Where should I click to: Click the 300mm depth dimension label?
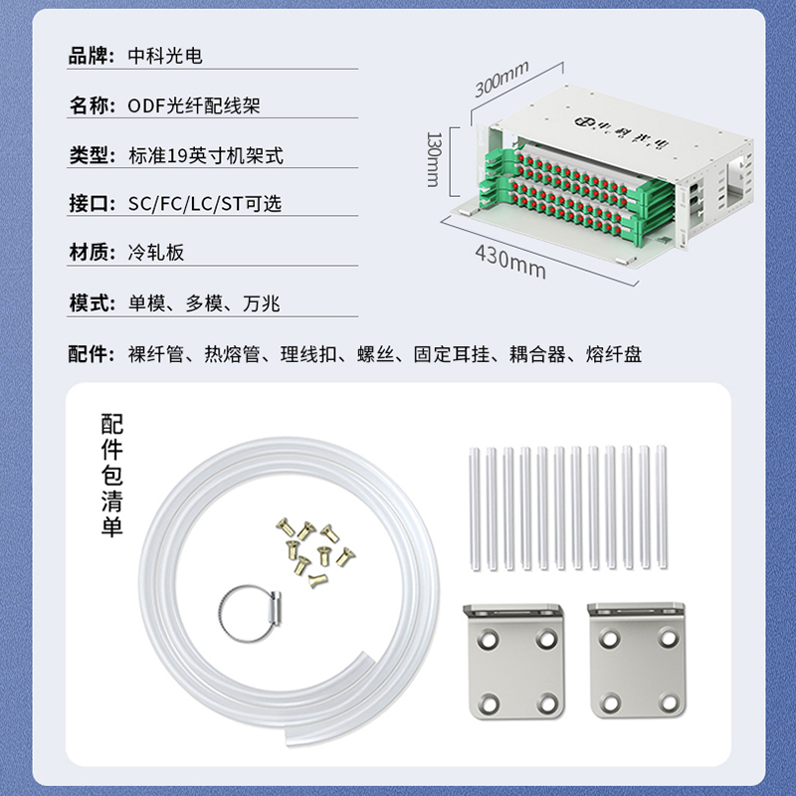pyautogui.click(x=501, y=80)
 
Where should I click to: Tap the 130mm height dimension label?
pyautogui.click(x=434, y=159)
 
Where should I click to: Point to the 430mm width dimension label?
pyautogui.click(x=510, y=262)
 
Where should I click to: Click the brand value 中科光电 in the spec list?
pyautogui.click(x=165, y=56)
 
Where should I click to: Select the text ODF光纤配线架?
pyautogui.click(x=194, y=105)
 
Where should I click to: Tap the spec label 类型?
pyautogui.click(x=93, y=155)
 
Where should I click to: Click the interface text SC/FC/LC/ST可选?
pyautogui.click(x=205, y=204)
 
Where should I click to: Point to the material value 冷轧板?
pyautogui.click(x=156, y=253)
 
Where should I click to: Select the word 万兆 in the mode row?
pyautogui.click(x=262, y=303)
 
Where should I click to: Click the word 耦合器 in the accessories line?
pyautogui.click(x=537, y=354)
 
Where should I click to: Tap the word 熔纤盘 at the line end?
pyautogui.click(x=614, y=354)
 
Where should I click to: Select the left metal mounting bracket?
pyautogui.click(x=513, y=661)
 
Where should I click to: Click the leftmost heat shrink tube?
pyautogui.click(x=475, y=508)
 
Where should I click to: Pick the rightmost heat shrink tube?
pyautogui.click(x=661, y=506)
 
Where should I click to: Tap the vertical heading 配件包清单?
pyautogui.click(x=111, y=476)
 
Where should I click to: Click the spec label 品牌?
pyautogui.click(x=92, y=56)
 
